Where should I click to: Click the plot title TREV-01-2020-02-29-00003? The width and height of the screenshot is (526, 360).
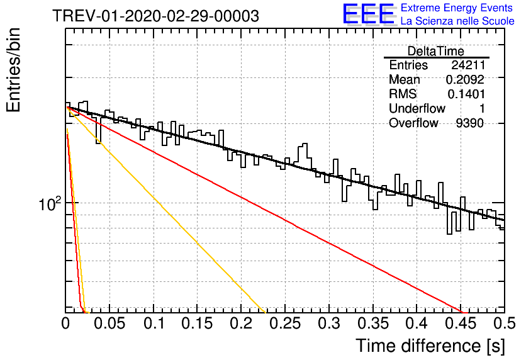coord(155,16)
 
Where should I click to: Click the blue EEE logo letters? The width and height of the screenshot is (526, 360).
coord(369,14)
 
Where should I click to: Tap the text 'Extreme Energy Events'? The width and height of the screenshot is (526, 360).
coord(457,8)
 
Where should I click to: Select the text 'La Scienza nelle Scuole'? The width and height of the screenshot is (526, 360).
coord(457,21)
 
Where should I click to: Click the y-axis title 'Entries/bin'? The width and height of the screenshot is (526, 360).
coord(14,70)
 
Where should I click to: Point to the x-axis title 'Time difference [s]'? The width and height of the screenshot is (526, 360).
coord(430,346)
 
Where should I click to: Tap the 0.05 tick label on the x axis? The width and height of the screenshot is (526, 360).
coord(109,323)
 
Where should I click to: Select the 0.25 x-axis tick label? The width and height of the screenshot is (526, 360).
coord(285,323)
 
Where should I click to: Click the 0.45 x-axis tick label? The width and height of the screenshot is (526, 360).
coord(461,323)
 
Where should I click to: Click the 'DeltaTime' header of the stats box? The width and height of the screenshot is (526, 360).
coord(436,52)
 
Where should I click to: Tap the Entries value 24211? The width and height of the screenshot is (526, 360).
coord(468,65)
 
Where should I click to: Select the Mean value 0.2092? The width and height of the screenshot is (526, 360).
coord(465,79)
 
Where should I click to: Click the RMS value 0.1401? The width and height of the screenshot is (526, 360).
coord(466,94)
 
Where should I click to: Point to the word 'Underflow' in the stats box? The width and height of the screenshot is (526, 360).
coord(417,108)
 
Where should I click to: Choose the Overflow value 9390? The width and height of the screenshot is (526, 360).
coord(470,123)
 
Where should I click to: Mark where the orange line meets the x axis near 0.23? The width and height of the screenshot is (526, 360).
coord(266,313)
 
